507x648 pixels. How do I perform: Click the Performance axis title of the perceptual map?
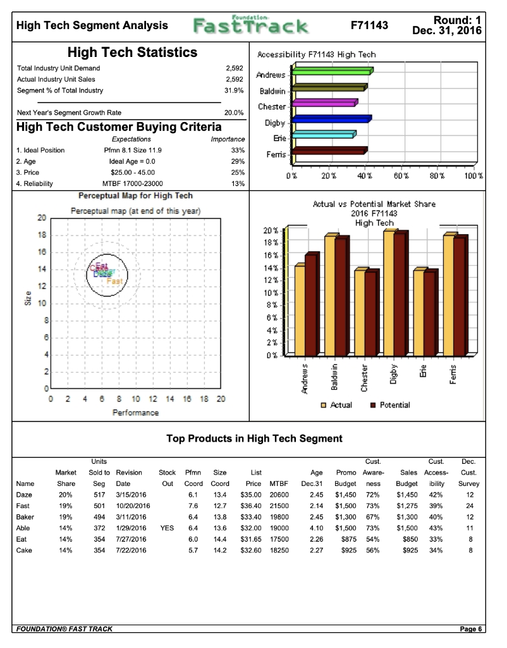[136, 413]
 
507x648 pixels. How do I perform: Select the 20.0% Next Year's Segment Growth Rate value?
[235, 112]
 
